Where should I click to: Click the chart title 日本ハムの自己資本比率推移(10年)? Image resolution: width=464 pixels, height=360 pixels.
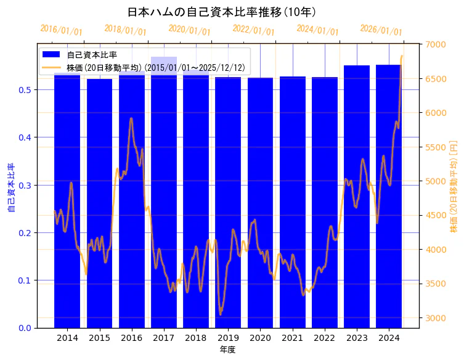pos(222,12)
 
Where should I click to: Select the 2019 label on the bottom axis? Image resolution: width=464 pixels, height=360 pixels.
pos(228,338)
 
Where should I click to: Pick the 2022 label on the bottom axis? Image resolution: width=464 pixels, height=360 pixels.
pos(324,338)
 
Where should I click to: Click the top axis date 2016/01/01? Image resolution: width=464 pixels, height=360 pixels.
pos(61,30)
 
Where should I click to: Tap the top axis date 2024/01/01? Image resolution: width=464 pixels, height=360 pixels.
pos(317,30)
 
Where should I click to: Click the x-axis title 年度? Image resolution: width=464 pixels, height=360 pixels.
pos(227,350)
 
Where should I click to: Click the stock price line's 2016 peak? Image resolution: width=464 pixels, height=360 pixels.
pos(131,118)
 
